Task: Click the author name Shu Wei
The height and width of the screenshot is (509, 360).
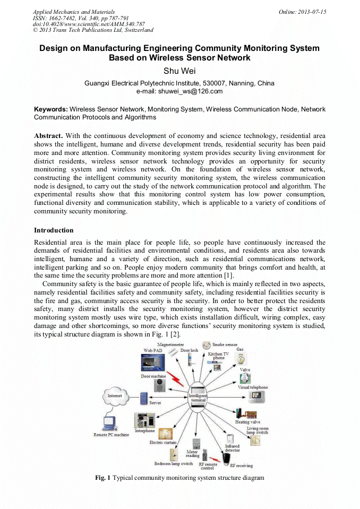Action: [x=179, y=72]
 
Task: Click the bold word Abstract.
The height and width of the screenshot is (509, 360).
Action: [x=50, y=136]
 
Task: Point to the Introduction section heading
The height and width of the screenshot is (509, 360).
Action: [x=54, y=230]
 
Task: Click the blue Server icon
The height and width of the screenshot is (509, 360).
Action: [x=143, y=398]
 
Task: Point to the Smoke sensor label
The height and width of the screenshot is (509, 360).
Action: [x=225, y=344]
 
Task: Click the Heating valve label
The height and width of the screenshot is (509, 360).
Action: [x=247, y=422]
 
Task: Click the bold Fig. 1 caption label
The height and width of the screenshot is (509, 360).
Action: [x=102, y=478]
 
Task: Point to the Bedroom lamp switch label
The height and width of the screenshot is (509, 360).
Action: [x=173, y=463]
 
